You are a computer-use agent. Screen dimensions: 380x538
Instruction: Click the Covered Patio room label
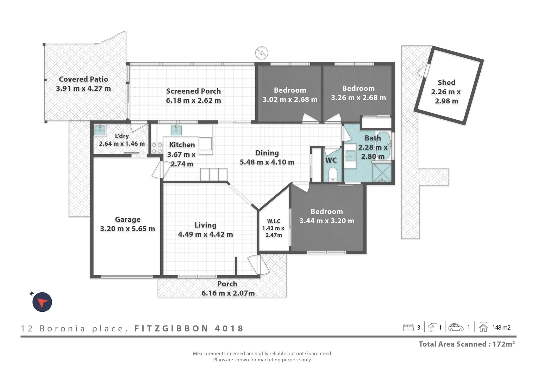(x=83, y=79)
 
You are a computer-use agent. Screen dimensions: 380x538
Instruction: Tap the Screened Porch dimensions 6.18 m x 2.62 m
(x=193, y=100)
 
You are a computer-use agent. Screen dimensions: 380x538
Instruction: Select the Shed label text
(x=446, y=82)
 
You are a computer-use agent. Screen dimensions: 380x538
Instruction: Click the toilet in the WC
(x=332, y=174)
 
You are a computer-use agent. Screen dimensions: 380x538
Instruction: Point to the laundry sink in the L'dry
(x=100, y=130)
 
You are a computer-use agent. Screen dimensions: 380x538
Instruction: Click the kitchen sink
(x=176, y=130)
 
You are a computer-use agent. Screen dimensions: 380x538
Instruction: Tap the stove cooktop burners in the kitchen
(x=157, y=148)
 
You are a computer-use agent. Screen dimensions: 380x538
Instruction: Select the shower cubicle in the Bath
(x=382, y=172)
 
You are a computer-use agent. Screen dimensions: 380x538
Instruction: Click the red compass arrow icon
(x=42, y=302)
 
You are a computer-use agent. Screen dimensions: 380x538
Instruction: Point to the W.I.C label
(x=274, y=221)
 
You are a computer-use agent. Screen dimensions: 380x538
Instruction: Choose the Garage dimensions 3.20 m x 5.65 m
(x=127, y=229)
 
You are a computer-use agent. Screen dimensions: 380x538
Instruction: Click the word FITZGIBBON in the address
(x=171, y=329)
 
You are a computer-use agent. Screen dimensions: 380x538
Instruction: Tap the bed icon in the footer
(x=408, y=327)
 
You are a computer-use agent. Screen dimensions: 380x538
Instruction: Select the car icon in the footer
(x=456, y=327)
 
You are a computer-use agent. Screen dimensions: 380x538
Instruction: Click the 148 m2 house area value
(x=501, y=328)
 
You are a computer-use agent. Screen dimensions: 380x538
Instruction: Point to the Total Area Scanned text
(x=467, y=344)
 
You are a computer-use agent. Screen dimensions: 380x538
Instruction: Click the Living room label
(x=205, y=225)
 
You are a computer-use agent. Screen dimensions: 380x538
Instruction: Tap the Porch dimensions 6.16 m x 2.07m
(x=228, y=293)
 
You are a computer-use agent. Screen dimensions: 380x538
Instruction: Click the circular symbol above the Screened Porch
(x=262, y=53)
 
